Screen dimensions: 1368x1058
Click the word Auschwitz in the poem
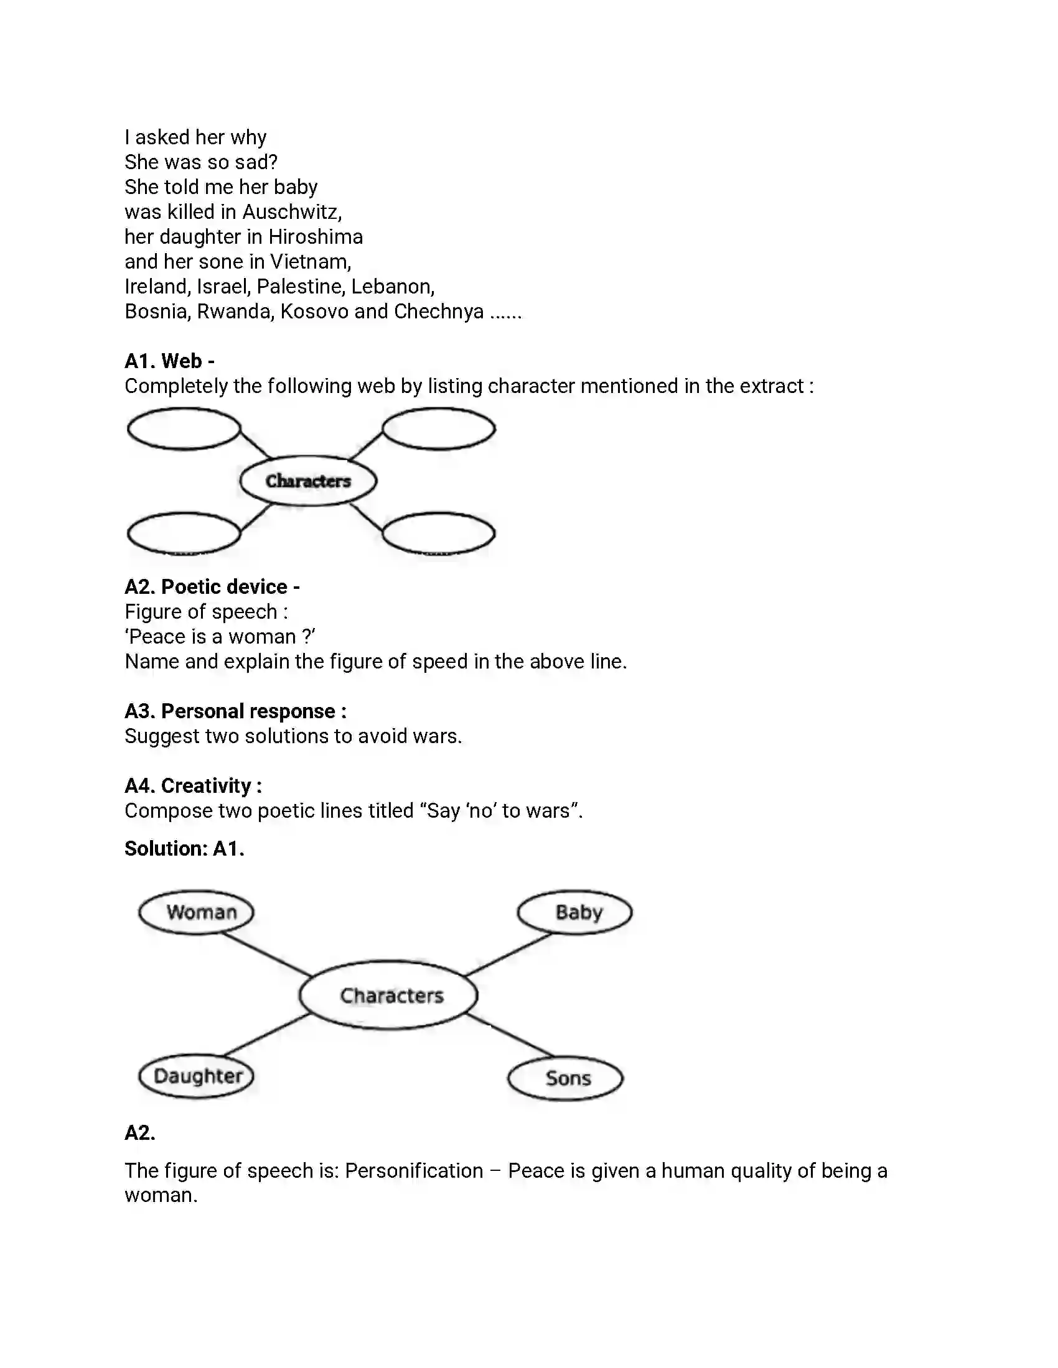click(x=291, y=211)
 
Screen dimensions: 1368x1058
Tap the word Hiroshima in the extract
click(x=316, y=237)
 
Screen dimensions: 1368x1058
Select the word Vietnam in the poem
click(x=311, y=261)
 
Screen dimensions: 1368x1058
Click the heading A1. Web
click(x=169, y=361)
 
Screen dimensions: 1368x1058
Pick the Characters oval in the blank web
click(x=308, y=481)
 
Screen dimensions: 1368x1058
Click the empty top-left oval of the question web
click(x=184, y=429)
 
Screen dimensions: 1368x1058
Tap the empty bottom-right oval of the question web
click(x=439, y=534)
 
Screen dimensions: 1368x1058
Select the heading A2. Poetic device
click(x=212, y=586)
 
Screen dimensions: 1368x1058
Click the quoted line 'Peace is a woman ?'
click(x=219, y=636)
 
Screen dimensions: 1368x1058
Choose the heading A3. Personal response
click(x=235, y=711)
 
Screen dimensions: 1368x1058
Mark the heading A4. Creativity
click(x=193, y=785)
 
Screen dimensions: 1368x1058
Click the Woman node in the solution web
click(x=196, y=912)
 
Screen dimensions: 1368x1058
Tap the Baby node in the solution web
click(x=575, y=912)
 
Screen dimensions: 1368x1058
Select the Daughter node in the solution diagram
click(x=196, y=1076)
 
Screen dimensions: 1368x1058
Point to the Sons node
click(x=565, y=1078)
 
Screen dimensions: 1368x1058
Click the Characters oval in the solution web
click(x=388, y=995)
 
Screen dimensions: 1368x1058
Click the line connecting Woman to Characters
click(x=266, y=954)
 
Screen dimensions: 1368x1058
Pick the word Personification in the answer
click(x=414, y=1171)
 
